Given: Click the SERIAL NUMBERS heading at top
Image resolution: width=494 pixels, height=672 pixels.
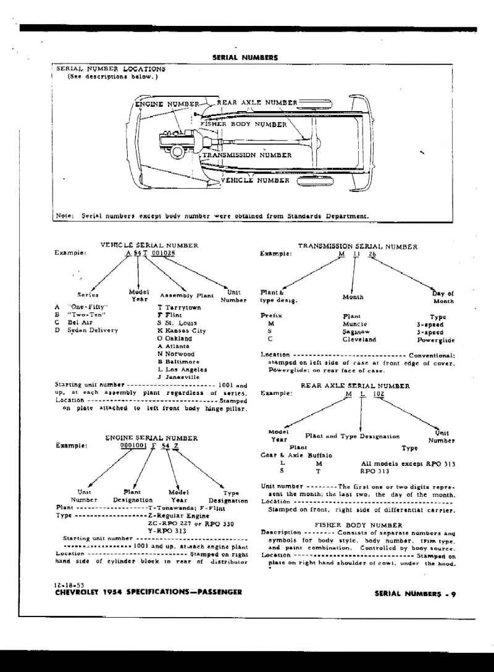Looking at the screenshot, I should point(245,57).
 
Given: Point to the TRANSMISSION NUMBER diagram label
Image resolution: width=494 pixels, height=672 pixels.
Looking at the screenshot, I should point(246,155).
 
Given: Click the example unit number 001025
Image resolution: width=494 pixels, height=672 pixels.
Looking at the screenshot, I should point(164,253).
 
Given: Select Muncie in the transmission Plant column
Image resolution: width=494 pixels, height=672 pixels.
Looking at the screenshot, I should point(354,324).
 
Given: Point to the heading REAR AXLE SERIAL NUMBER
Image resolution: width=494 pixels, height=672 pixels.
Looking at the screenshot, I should point(355,385).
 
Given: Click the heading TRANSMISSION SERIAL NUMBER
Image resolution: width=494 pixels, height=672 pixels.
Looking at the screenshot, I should point(358,246).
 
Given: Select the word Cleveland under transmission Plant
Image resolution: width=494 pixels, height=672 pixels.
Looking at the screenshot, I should point(359,339).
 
